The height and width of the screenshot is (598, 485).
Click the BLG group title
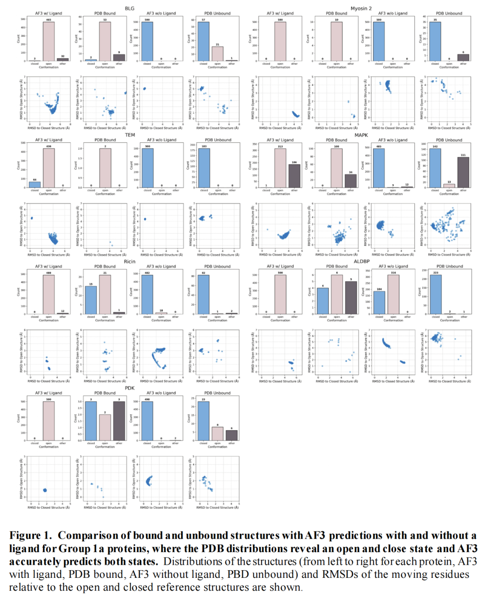point(129,9)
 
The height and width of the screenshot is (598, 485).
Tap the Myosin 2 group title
point(361,9)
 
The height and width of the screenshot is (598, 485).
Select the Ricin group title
point(129,261)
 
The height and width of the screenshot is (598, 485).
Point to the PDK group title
point(129,388)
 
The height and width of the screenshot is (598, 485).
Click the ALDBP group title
point(362,261)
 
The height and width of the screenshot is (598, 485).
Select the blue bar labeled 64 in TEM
point(35,185)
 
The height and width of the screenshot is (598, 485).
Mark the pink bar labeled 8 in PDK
point(217,434)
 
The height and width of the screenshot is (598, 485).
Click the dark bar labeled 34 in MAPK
point(351,181)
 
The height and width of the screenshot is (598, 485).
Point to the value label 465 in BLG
point(48,20)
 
